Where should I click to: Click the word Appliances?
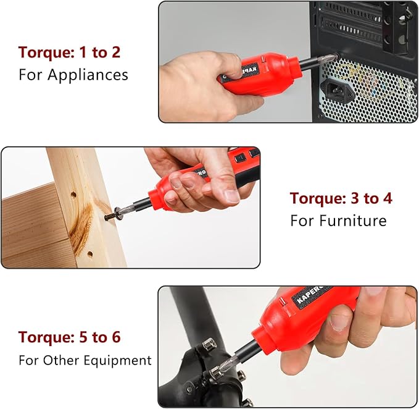(88, 75)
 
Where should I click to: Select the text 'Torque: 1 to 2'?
(69, 53)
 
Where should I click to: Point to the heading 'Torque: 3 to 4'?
(341, 198)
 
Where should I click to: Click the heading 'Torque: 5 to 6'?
(69, 337)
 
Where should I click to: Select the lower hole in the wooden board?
(89, 253)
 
